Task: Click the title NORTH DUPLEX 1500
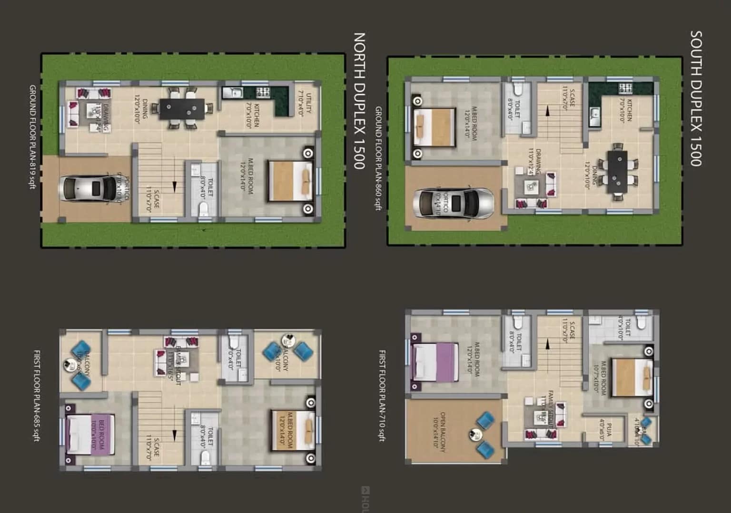359,100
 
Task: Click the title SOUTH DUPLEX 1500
696,98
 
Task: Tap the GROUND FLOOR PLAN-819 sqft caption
32,137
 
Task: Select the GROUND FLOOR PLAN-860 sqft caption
378,158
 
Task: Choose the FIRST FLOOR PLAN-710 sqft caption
382,396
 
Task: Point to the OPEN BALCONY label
440,432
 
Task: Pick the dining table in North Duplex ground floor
182,109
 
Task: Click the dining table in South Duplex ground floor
617,171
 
